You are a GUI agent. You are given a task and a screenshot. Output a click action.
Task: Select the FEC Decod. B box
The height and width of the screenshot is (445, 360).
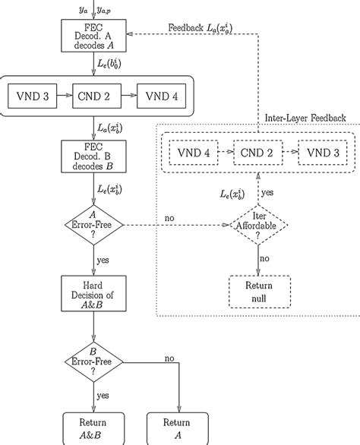click(x=93, y=156)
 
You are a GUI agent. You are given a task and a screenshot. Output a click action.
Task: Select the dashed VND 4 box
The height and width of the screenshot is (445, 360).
click(x=194, y=152)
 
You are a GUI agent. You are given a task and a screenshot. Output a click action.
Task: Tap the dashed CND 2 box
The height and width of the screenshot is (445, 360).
click(x=258, y=152)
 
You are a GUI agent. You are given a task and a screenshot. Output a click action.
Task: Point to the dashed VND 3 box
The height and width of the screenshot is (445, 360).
click(x=323, y=152)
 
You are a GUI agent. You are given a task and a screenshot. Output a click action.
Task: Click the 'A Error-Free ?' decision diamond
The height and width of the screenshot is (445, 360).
click(x=93, y=226)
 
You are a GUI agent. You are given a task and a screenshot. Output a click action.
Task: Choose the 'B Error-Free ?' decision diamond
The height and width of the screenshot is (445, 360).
click(x=93, y=361)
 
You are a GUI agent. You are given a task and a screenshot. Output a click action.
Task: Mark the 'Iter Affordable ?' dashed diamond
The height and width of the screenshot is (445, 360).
click(x=257, y=226)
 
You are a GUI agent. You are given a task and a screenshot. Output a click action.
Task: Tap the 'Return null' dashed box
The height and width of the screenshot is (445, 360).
click(x=257, y=290)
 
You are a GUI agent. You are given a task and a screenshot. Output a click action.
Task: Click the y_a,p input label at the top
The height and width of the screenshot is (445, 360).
click(x=105, y=8)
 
